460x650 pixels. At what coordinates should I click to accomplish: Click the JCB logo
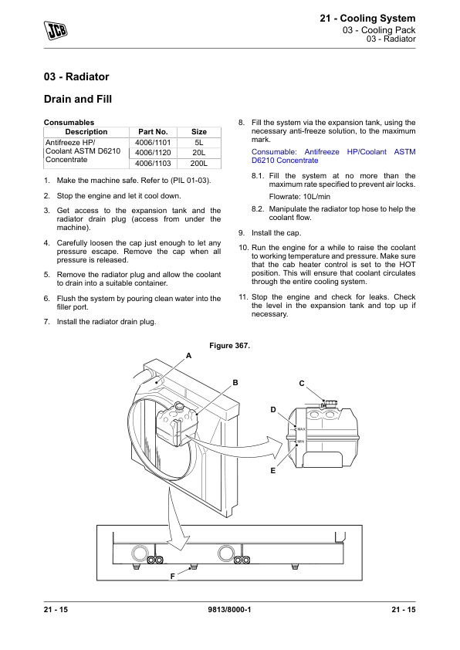click(56, 30)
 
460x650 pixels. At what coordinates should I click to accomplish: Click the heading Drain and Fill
click(78, 99)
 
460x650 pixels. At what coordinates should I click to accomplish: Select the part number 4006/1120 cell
click(153, 153)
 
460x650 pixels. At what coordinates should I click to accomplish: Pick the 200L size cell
click(199, 164)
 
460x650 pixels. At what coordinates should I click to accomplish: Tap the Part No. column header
click(153, 132)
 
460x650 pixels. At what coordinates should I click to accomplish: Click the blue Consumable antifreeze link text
click(333, 156)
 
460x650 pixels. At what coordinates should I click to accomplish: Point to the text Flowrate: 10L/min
click(299, 197)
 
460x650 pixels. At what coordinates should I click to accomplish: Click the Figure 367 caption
click(229, 345)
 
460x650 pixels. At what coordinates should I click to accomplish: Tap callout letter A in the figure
click(188, 356)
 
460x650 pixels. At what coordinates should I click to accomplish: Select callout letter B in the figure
click(235, 383)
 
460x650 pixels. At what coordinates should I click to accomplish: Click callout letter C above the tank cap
click(302, 384)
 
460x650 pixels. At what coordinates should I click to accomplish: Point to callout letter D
click(273, 410)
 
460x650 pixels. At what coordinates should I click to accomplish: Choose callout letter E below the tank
click(272, 470)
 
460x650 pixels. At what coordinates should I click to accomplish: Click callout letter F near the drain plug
click(172, 576)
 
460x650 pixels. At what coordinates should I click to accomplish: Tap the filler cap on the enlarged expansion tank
click(330, 403)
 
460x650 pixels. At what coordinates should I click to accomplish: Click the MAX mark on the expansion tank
click(301, 429)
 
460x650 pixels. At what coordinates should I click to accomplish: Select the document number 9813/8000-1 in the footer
click(229, 609)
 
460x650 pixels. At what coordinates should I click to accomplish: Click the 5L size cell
click(199, 143)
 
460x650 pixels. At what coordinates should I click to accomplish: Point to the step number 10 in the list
click(243, 248)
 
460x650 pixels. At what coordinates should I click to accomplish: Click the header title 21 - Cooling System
click(367, 19)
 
